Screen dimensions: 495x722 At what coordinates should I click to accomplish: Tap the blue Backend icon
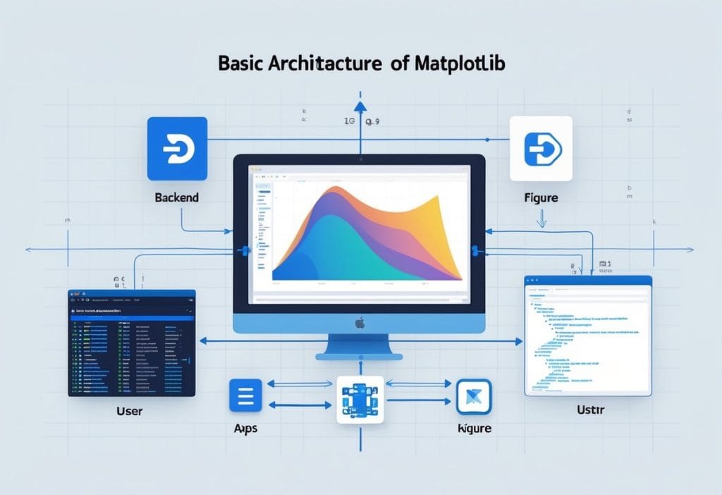[x=177, y=148]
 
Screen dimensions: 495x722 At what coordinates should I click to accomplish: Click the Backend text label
[x=176, y=197]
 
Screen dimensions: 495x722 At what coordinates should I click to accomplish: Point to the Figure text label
[x=541, y=197]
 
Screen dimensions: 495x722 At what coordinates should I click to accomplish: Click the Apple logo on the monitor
[x=360, y=322]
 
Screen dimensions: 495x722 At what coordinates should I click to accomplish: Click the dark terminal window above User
[x=132, y=342]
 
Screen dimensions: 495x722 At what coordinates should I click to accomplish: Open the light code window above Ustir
[x=587, y=335]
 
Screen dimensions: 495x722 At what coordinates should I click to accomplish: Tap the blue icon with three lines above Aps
[x=245, y=395]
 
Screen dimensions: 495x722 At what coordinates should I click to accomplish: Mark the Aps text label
[x=246, y=429]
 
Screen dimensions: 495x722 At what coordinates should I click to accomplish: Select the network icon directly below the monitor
[x=360, y=400]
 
